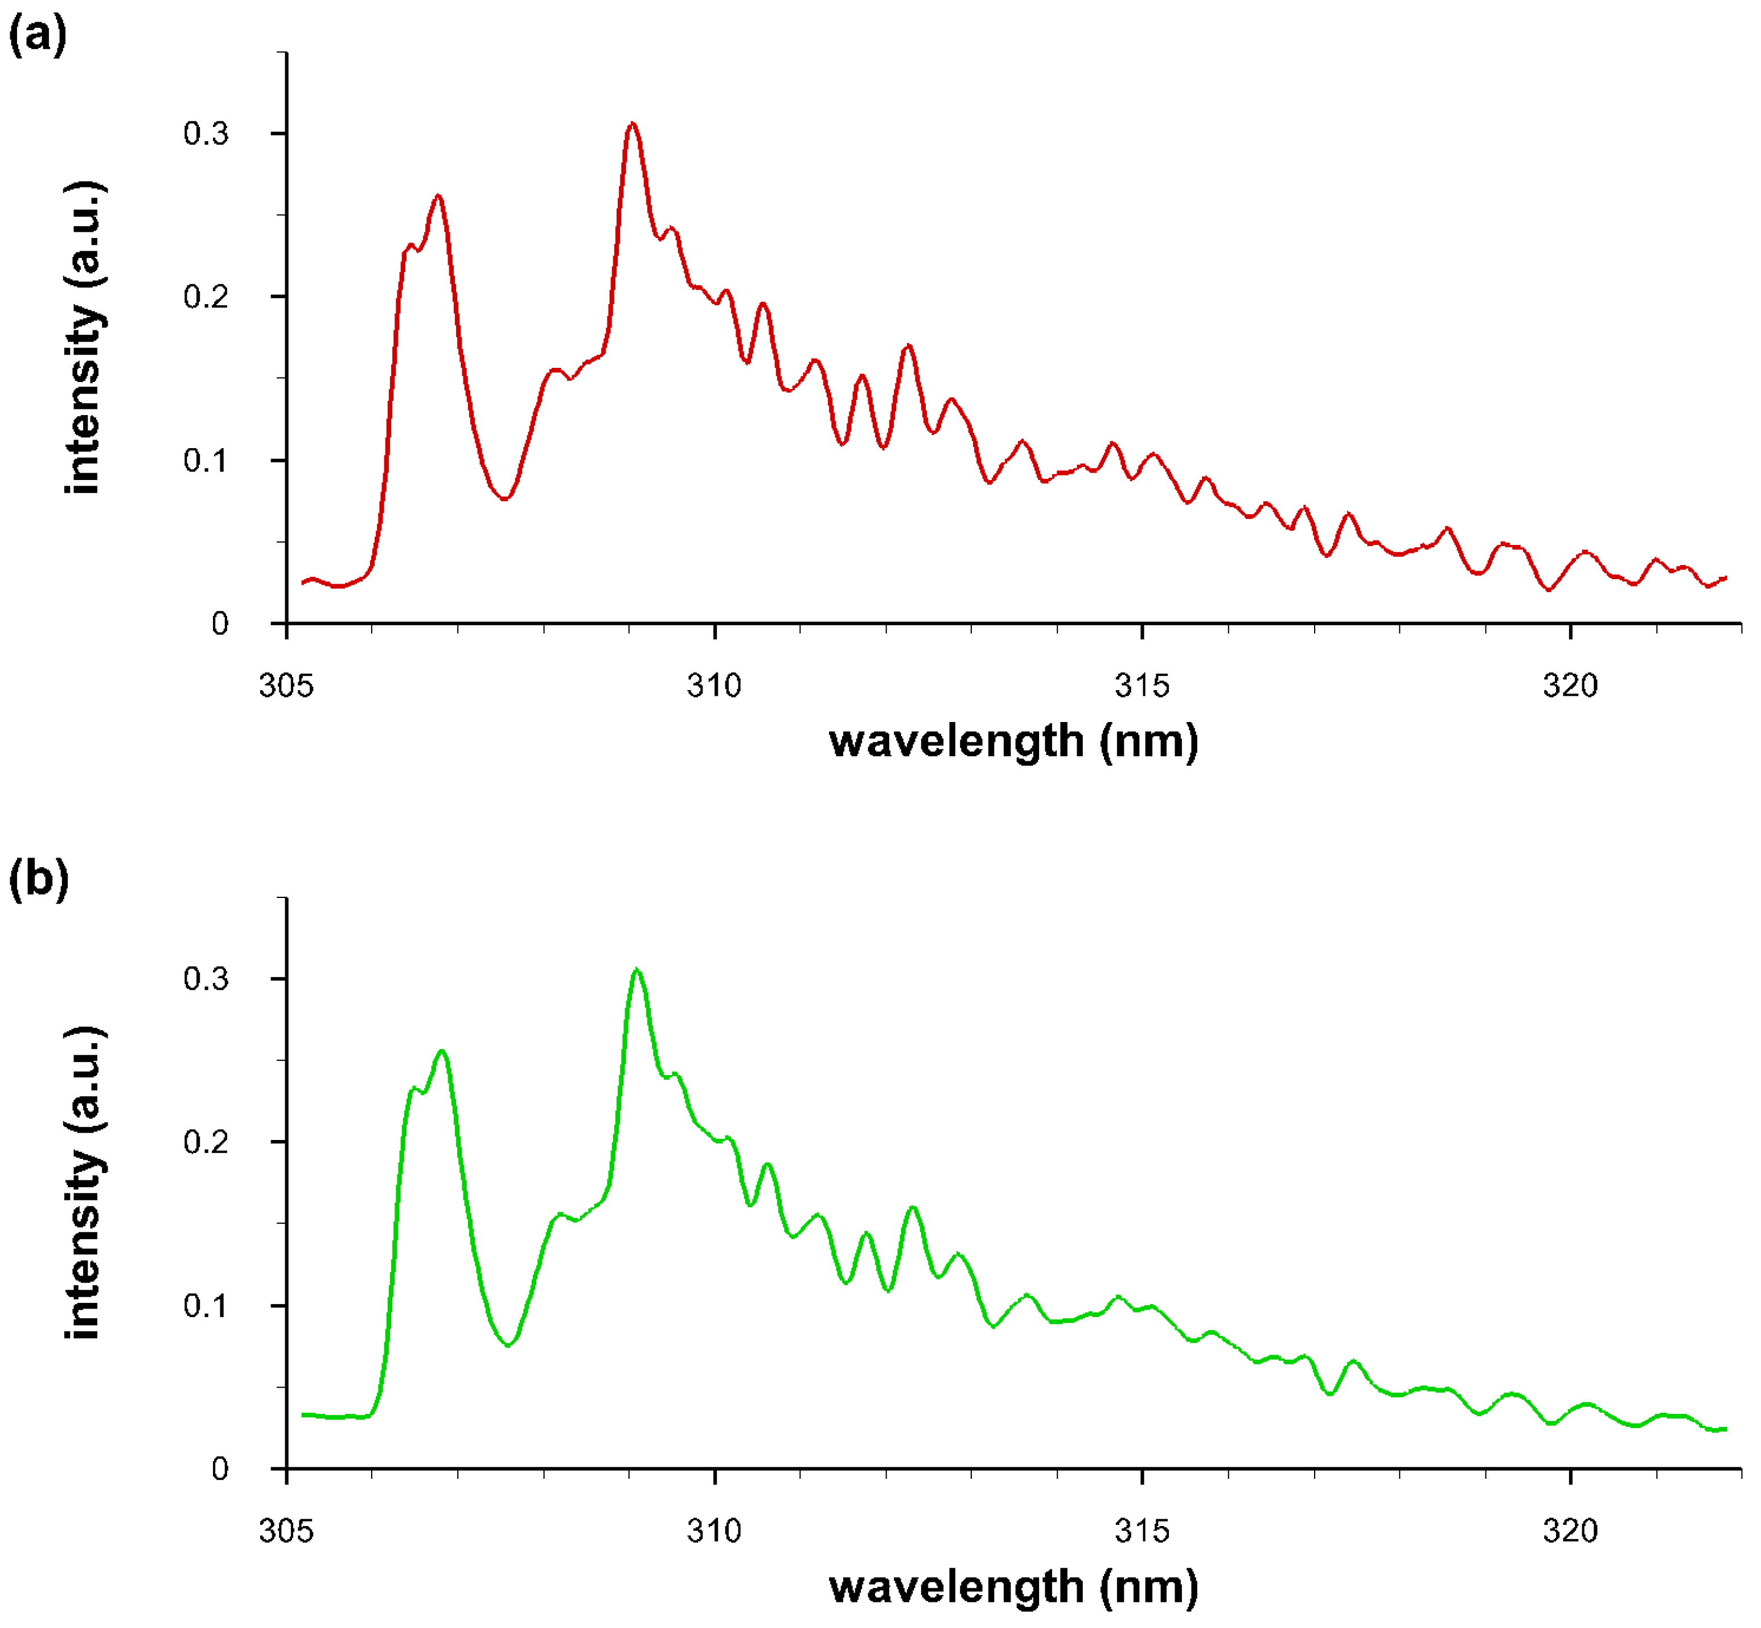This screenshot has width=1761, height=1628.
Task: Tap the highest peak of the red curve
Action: click(631, 124)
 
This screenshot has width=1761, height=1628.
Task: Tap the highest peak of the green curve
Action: click(636, 970)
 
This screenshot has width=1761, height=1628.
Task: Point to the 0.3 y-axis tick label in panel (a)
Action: click(206, 134)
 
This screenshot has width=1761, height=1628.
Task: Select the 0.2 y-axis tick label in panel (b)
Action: click(206, 1143)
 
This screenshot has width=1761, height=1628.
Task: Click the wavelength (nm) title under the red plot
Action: click(1013, 741)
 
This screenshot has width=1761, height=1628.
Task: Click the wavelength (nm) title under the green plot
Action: click(1013, 1586)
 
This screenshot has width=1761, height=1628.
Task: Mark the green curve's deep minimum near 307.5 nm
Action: click(508, 1345)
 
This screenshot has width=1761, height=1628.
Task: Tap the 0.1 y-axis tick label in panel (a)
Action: click(206, 461)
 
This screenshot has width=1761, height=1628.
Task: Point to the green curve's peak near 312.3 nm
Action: click(912, 1208)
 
